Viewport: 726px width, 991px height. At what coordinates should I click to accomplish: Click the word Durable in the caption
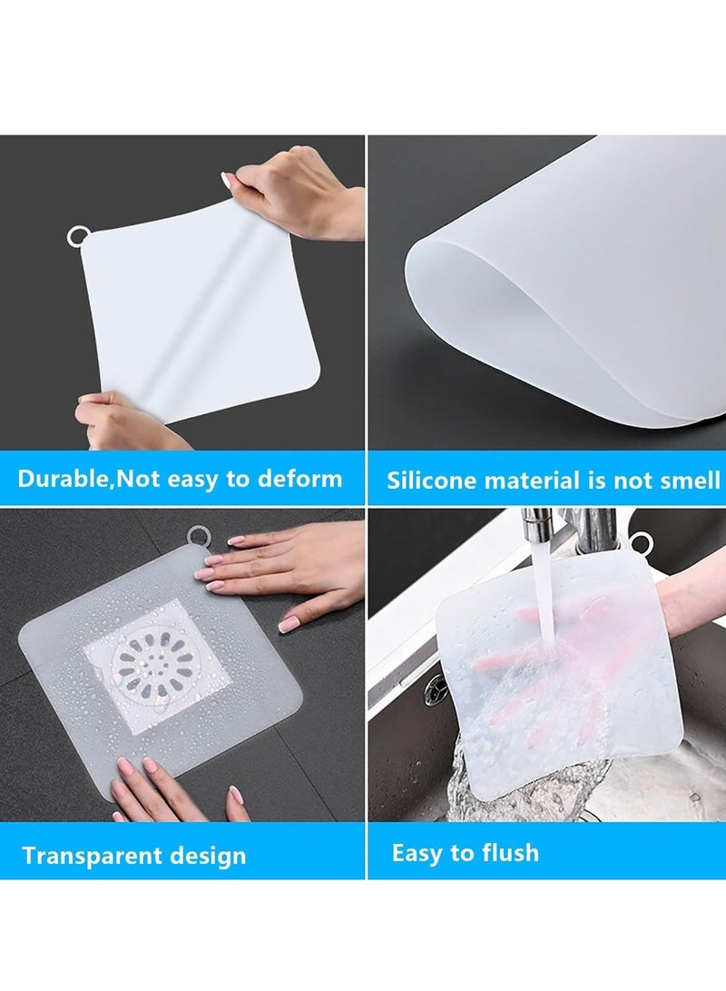click(63, 479)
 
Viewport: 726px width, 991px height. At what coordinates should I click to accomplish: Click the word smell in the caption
click(687, 481)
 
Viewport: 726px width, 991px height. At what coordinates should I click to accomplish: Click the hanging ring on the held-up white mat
click(78, 238)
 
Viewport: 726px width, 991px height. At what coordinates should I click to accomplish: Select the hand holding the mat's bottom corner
click(127, 422)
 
